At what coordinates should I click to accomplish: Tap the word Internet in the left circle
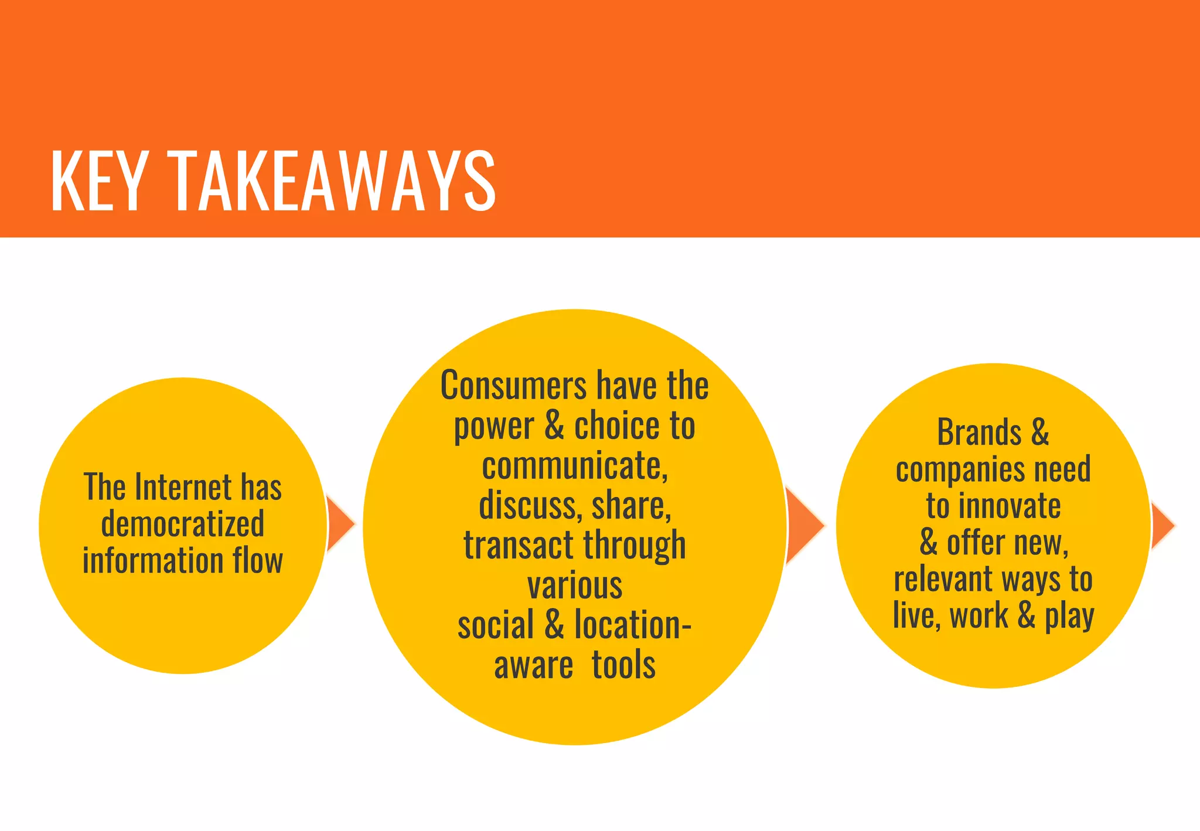[183, 488]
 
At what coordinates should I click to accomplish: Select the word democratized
[182, 523]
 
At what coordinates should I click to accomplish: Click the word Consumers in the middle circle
[513, 386]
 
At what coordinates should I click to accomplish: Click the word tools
[623, 665]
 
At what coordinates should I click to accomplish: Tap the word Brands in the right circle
[980, 432]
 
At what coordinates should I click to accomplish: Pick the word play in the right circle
[1070, 617]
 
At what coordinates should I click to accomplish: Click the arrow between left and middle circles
[340, 524]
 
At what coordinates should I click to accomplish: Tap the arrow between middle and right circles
[804, 526]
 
